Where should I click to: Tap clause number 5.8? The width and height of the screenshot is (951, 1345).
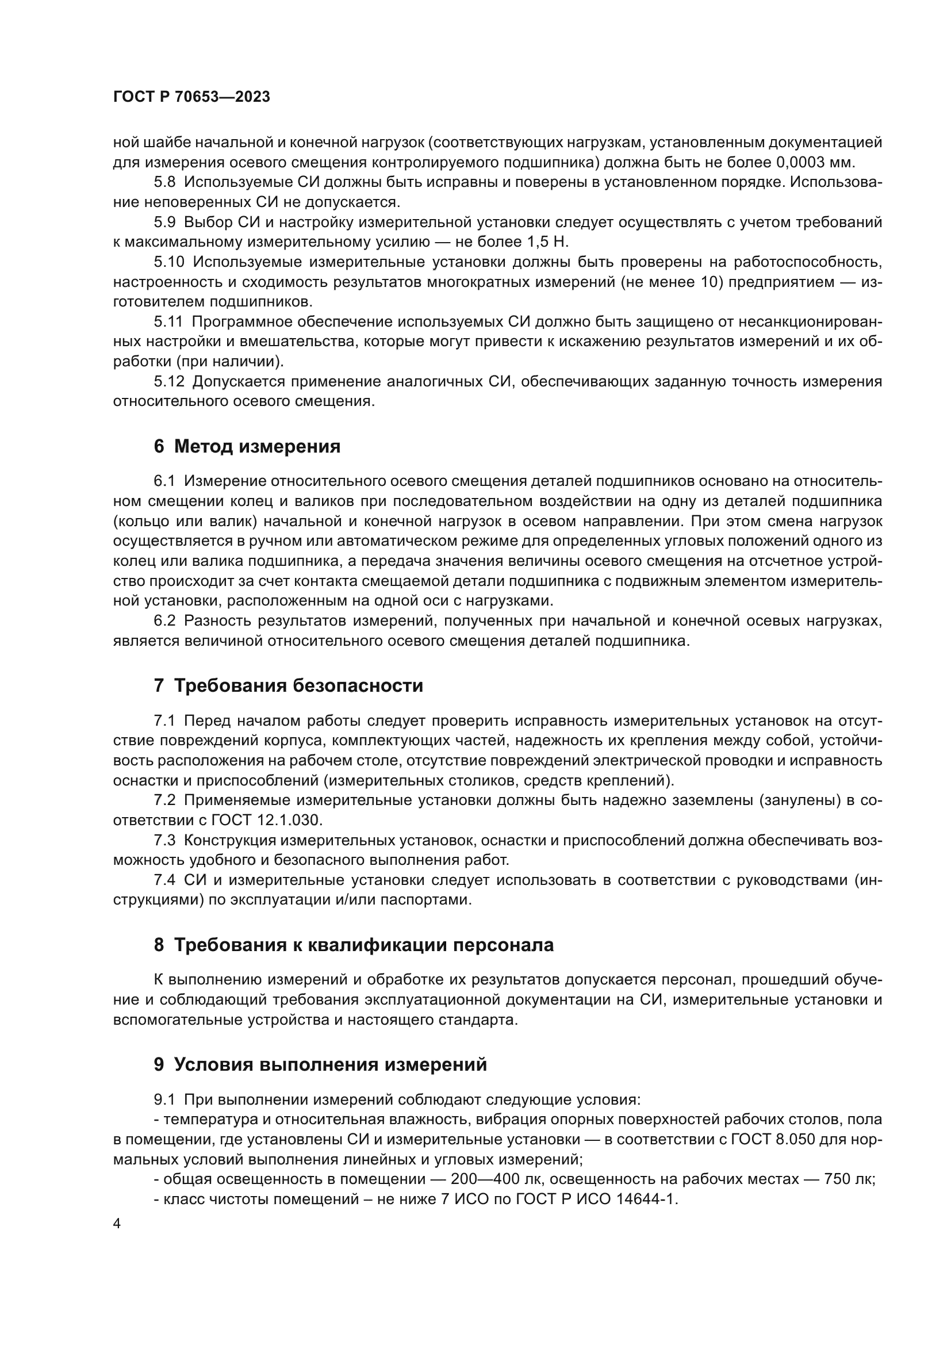(164, 182)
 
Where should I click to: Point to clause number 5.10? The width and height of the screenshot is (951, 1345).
(168, 262)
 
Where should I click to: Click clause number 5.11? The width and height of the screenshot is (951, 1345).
(168, 321)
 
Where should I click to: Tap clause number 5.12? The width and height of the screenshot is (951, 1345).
(168, 381)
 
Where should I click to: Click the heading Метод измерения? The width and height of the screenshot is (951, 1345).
(257, 446)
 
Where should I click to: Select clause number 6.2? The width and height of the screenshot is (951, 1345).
(164, 620)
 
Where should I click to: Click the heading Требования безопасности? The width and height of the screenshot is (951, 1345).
(298, 685)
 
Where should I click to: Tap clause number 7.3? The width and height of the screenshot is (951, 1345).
(164, 840)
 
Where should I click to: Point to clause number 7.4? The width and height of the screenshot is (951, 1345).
(164, 879)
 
